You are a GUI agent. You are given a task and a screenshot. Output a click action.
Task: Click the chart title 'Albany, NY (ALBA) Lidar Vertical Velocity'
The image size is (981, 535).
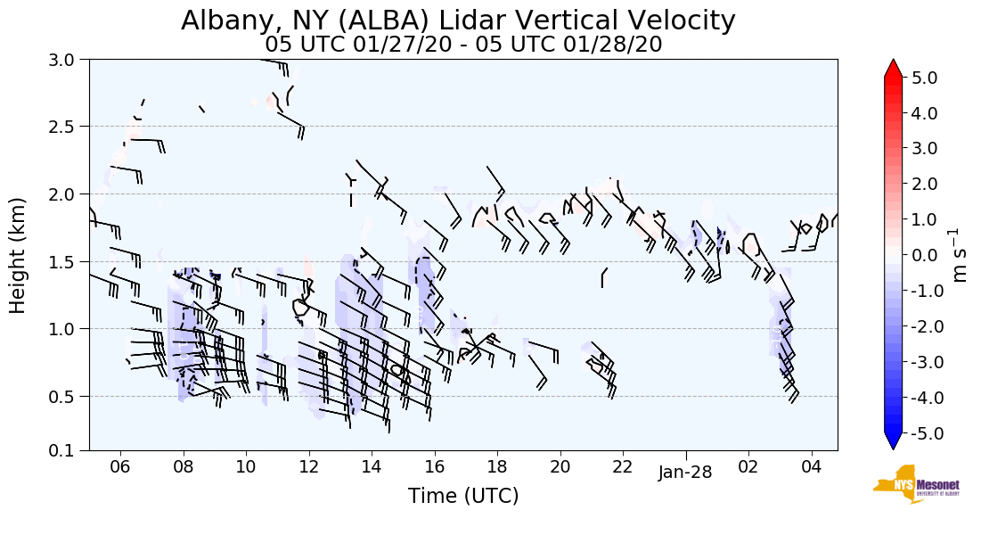point(459,21)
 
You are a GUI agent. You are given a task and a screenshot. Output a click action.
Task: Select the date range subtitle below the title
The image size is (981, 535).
point(463,45)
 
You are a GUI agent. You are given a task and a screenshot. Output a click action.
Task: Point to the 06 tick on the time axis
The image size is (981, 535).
point(120,466)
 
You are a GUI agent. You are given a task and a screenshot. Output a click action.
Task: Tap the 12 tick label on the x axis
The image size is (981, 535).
point(309,466)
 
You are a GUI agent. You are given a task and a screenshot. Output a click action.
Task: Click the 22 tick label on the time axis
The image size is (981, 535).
point(623,466)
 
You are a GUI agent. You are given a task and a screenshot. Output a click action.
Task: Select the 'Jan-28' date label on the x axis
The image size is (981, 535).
point(685,473)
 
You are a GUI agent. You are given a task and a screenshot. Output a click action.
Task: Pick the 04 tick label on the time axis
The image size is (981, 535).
point(811,466)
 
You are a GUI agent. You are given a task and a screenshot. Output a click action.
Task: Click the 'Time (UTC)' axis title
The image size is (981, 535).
point(463,497)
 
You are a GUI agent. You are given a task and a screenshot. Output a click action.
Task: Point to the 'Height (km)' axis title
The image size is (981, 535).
point(18,254)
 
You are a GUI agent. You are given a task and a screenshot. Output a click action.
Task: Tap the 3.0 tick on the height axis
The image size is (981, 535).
point(69,59)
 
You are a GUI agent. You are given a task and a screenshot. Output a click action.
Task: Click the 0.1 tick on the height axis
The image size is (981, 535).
point(69,450)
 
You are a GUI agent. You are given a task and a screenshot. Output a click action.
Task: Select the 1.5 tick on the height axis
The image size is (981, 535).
point(69,261)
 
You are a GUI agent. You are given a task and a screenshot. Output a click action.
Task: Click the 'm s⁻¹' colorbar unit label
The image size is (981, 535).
point(961,254)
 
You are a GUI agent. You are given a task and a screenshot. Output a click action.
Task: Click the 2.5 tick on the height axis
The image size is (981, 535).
point(69,126)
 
